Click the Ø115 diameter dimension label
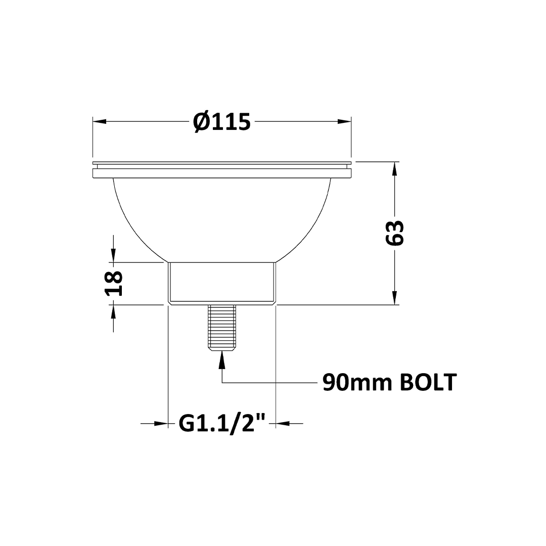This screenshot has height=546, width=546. click(222, 122)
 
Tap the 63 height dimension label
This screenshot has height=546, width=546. click(395, 233)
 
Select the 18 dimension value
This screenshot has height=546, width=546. click(114, 283)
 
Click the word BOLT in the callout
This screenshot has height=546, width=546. click(428, 382)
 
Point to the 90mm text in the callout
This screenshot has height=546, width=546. click(357, 382)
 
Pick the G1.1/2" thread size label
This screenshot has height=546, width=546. click(222, 423)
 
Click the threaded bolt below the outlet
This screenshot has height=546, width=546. click(222, 328)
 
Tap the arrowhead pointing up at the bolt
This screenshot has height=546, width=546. click(222, 358)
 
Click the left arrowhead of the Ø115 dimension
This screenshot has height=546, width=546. click(99, 121)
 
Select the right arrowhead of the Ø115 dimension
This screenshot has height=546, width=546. click(344, 121)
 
